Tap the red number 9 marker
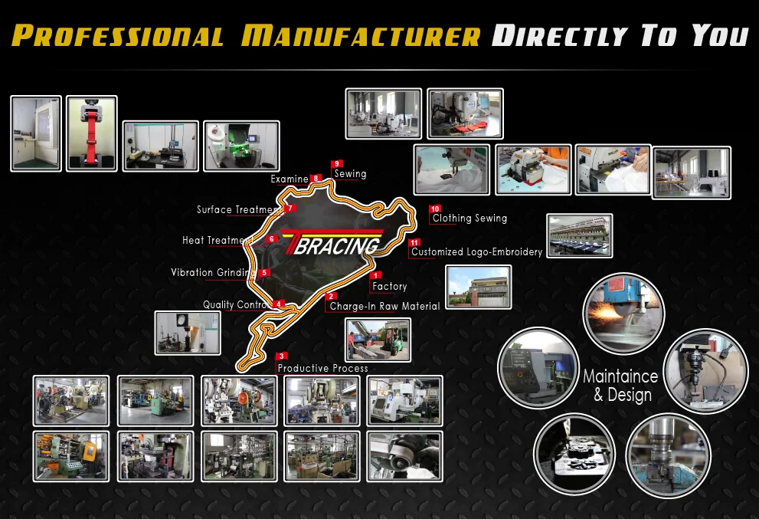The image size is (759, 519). tap(337, 164)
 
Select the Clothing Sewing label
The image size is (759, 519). tap(469, 218)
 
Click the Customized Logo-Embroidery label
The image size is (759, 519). tap(476, 251)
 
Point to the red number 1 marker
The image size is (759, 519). tap(375, 275)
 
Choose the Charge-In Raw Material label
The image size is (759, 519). tap(384, 306)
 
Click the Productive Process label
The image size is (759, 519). tap(322, 368)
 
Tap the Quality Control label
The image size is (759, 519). tap(235, 304)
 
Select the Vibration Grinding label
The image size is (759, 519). tap(213, 272)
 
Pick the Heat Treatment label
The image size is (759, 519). tap(217, 240)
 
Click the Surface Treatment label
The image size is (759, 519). tap(238, 209)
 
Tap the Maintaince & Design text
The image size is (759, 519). tap(620, 386)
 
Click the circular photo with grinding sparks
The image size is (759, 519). tap(623, 313)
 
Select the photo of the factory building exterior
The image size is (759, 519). tap(478, 287)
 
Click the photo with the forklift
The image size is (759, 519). tap(378, 339)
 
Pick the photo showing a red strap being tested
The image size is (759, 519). tap(91, 133)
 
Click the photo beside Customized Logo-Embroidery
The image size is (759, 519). tap(579, 235)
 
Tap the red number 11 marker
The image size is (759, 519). tap(414, 242)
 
